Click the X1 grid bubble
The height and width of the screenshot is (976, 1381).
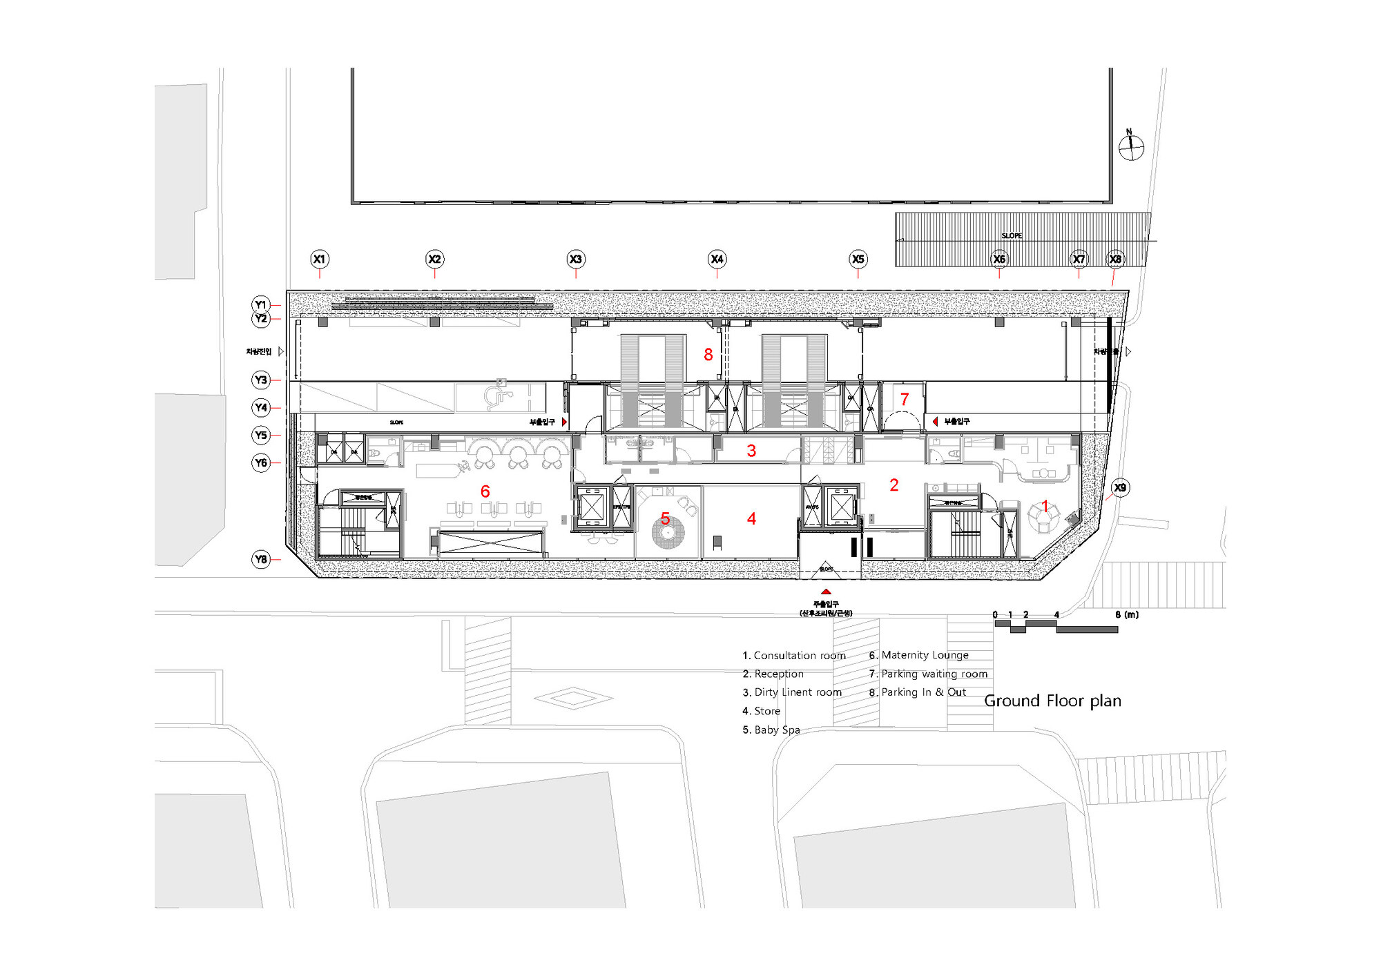(x=319, y=260)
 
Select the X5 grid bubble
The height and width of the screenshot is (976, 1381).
(x=858, y=260)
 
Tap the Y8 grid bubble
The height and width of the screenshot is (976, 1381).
(x=260, y=559)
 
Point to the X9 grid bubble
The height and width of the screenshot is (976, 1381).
(x=1119, y=487)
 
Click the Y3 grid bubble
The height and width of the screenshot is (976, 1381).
(x=260, y=380)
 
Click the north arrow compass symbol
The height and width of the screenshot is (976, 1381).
(x=1131, y=146)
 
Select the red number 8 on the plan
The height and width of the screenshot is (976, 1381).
(x=708, y=355)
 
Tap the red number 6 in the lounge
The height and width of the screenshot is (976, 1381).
(x=485, y=491)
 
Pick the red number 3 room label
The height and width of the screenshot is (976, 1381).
(x=751, y=451)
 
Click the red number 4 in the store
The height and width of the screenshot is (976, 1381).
(x=751, y=519)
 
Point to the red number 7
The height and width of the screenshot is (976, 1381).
(x=905, y=400)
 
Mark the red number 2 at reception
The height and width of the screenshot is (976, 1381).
(x=894, y=485)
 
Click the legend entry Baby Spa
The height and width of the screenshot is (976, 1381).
(x=771, y=730)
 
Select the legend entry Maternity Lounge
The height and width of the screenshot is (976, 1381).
(x=919, y=655)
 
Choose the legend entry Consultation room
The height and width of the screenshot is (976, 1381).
(x=794, y=656)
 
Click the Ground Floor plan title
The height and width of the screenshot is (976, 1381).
(x=1052, y=701)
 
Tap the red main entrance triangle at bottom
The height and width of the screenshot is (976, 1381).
(x=826, y=592)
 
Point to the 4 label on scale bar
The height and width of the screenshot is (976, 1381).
(x=1056, y=614)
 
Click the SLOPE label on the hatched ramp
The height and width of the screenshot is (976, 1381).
(x=1012, y=236)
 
